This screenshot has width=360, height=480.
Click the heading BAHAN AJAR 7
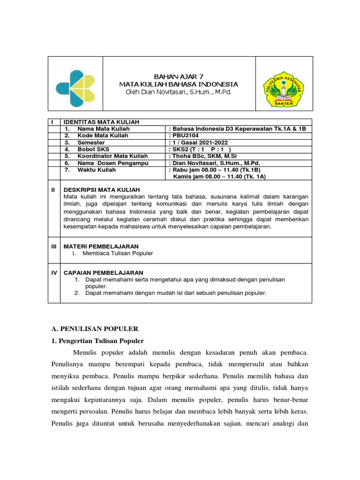(x=179, y=76)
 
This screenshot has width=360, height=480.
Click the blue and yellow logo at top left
(x=75, y=86)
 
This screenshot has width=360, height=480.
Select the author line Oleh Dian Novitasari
(x=179, y=92)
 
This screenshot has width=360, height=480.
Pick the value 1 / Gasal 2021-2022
(x=204, y=142)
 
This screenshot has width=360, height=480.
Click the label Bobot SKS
(x=94, y=149)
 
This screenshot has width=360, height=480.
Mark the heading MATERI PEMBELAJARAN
(x=101, y=246)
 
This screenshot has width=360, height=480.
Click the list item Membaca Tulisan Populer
(x=118, y=254)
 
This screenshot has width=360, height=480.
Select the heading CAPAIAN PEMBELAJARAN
(x=103, y=272)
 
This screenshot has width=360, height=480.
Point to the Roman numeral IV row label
(x=54, y=272)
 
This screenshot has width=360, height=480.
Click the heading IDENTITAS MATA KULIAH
(x=101, y=122)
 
